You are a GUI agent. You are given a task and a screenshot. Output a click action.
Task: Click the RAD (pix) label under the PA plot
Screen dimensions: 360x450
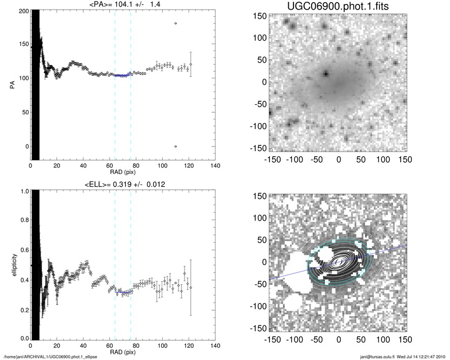point(123,172)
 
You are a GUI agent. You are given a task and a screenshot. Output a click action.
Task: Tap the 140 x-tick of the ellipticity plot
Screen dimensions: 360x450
point(215,346)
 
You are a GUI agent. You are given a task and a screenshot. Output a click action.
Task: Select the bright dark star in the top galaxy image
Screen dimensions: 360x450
point(326,73)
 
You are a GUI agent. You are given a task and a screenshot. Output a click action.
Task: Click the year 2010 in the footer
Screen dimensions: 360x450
point(441,357)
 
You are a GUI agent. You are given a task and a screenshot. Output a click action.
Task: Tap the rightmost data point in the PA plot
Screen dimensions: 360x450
point(191,64)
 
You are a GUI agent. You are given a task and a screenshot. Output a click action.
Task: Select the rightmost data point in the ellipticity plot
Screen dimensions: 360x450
point(191,287)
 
